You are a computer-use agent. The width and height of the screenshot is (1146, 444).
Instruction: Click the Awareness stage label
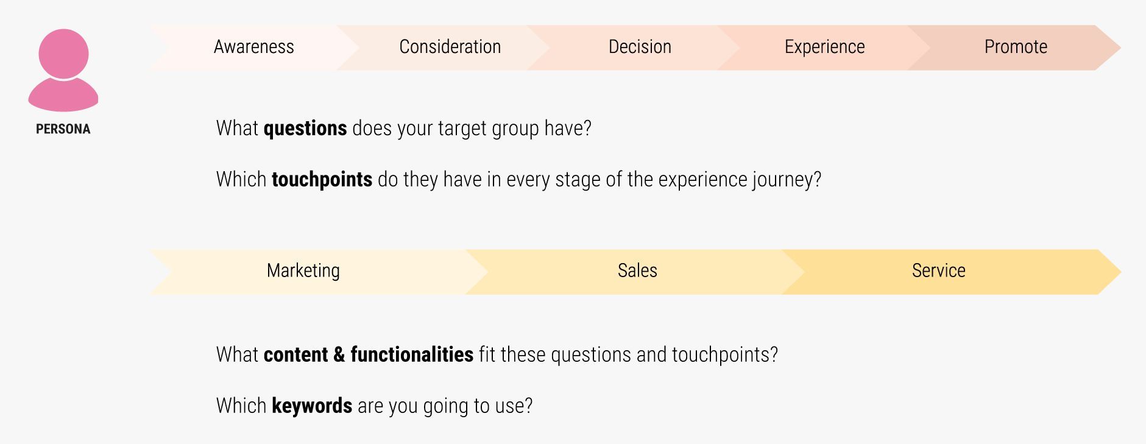254,47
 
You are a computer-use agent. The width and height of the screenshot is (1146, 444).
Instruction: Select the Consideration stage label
450,47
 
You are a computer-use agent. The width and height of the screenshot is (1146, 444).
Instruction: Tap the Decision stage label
640,47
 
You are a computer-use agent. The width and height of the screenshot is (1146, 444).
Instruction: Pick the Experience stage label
824,47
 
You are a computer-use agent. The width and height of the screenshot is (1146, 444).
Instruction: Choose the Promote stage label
1016,47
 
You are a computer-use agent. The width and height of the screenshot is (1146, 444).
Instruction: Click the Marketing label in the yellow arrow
303,271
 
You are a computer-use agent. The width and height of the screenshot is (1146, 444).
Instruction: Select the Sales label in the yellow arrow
637,271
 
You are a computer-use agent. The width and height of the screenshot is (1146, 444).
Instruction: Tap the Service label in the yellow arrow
938,271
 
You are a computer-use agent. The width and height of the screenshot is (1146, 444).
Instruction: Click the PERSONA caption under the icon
63,129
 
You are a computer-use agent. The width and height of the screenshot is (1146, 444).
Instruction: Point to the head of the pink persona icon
63,54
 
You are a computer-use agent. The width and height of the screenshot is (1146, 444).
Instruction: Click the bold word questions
305,129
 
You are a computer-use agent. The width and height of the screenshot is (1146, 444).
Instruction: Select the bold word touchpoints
322,180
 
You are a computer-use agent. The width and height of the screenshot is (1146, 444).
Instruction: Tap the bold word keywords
312,406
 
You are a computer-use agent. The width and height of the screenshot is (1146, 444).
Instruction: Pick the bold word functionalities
412,354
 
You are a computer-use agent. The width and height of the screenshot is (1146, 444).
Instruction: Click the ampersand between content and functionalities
339,355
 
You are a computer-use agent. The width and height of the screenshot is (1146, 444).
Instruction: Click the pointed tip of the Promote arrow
1120,48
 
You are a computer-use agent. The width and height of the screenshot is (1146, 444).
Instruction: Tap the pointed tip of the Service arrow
1120,272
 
